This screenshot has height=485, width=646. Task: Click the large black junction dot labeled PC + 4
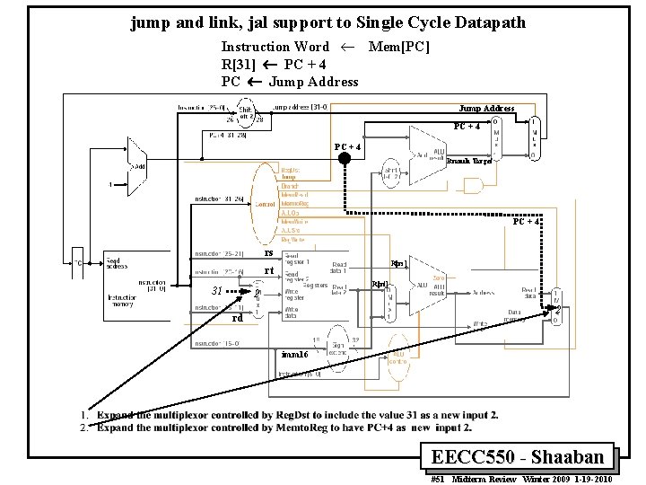click(344, 158)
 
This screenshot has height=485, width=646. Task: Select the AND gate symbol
click(470, 186)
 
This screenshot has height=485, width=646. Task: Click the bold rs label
click(268, 253)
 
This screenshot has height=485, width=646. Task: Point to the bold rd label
click(238, 317)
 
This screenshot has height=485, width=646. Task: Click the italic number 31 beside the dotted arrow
click(216, 290)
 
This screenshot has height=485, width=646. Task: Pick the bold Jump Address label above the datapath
click(486, 109)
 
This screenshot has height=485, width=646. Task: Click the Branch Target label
click(469, 162)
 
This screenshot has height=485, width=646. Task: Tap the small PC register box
click(79, 263)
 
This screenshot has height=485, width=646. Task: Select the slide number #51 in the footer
click(440, 480)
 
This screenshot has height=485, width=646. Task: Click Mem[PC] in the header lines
click(399, 47)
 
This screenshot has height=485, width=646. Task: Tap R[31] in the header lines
click(239, 65)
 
